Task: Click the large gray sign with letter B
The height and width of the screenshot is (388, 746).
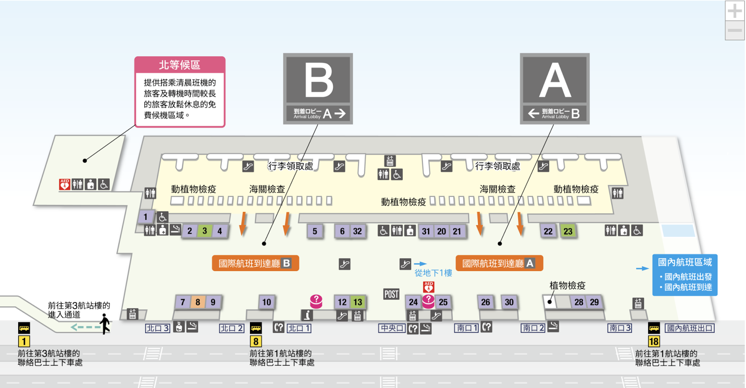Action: pos(318,88)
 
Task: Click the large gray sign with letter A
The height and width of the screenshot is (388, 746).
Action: pos(554,88)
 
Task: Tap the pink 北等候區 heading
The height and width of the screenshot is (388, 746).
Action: pos(180,65)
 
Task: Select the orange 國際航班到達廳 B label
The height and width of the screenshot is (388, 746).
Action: pos(255,263)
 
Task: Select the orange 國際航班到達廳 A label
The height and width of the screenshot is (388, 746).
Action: pos(499,263)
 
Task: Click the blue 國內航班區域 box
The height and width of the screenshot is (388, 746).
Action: pos(684,275)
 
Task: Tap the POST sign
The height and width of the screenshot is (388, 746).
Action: pos(391,294)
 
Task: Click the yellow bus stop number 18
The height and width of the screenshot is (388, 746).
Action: pos(654,341)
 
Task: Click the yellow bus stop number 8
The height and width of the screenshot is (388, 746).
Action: pos(256,341)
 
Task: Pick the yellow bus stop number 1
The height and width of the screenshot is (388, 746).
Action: pos(24,341)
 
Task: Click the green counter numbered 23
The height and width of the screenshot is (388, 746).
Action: pos(568,231)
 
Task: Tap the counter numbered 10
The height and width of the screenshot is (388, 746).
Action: pos(267,302)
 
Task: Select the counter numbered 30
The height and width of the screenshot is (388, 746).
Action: pos(509,302)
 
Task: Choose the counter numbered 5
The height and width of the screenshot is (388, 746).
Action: pos(315,231)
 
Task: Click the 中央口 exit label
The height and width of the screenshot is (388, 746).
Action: pos(392,328)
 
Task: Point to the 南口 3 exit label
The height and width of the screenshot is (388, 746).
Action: pos(620,328)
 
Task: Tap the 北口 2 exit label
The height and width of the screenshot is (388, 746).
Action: pos(232,328)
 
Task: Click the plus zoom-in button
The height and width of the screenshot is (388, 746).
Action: pos(734,11)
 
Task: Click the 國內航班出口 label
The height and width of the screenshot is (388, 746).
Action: pos(690,328)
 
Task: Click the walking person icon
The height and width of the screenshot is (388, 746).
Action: pos(105,323)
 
